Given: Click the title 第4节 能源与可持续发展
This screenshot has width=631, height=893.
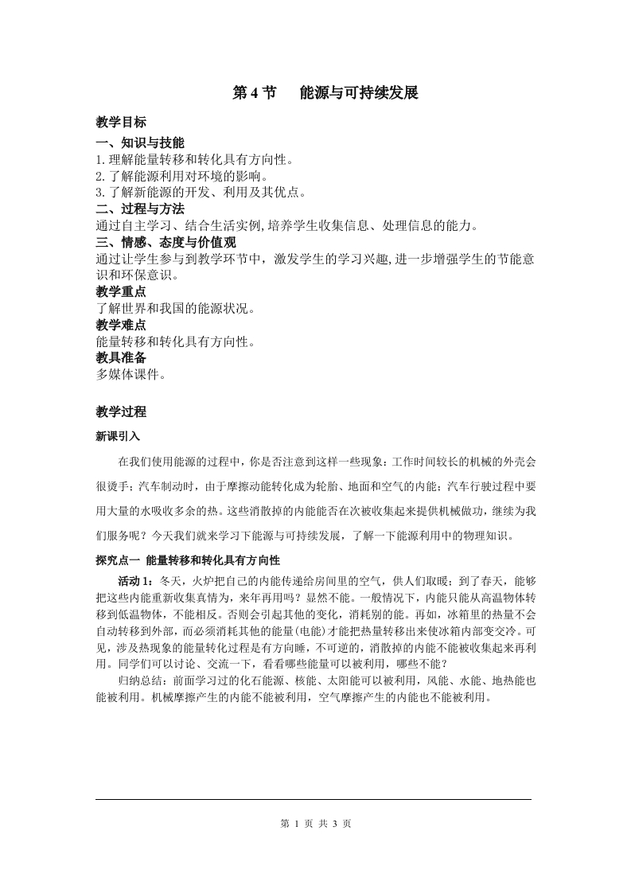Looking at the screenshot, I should (325, 93).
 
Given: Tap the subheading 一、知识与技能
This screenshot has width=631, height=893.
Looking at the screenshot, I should (139, 143).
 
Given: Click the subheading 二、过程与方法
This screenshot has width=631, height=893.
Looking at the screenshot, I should (139, 209).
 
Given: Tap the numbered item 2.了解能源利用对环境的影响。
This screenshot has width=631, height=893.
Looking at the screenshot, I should (182, 176).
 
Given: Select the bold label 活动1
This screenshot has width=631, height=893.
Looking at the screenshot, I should (135, 581).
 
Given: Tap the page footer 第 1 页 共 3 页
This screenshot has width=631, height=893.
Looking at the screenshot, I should (316, 824).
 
